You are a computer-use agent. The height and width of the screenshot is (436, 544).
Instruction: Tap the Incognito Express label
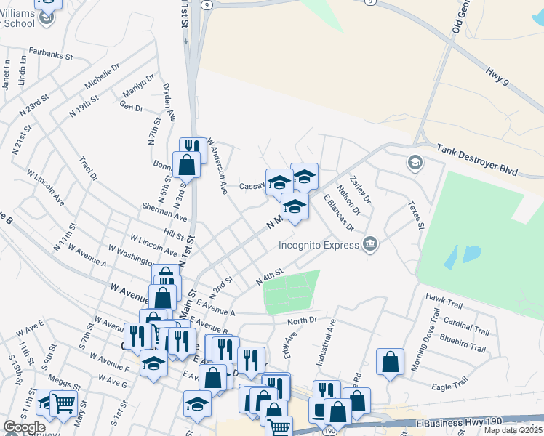[319, 245]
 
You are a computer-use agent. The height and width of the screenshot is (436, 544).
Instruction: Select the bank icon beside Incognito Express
[370, 243]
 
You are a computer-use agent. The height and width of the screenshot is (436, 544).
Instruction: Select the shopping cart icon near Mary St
[64, 404]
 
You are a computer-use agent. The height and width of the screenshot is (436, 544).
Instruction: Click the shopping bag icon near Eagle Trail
[391, 363]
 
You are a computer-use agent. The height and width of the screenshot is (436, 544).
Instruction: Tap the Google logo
[24, 427]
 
